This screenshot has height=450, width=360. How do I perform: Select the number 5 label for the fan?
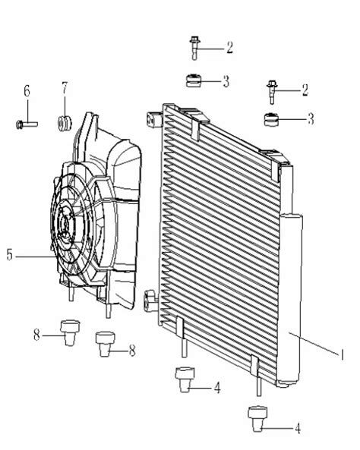[x=8, y=256]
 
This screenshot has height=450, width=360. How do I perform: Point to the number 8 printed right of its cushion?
[x=132, y=351]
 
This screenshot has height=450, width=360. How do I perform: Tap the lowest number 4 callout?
[x=298, y=430]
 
